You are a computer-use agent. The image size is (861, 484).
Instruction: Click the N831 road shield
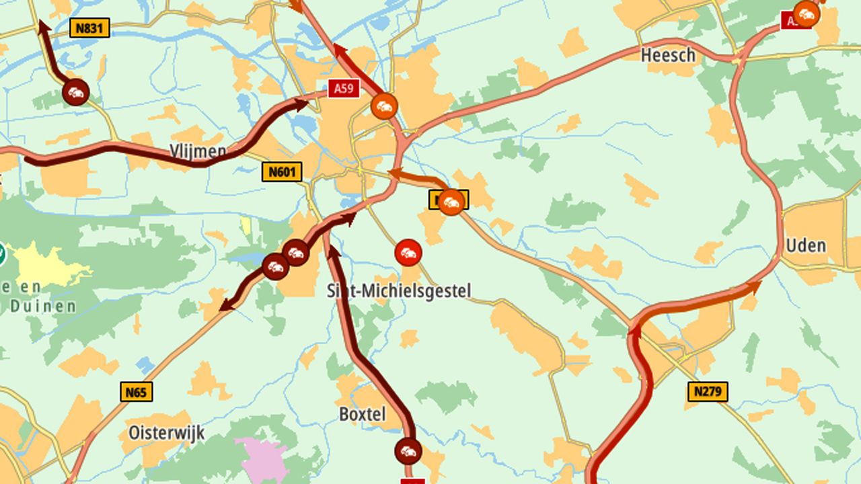click(89, 28)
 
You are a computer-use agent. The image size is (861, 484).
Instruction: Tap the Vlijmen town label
click(198, 151)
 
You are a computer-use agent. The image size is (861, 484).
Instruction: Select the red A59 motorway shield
click(344, 88)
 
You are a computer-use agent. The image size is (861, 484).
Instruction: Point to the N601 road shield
click(282, 171)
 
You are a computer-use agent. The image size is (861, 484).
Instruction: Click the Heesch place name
click(668, 55)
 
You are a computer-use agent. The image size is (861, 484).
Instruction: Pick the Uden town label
click(806, 245)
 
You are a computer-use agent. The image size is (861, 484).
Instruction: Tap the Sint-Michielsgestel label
click(399, 291)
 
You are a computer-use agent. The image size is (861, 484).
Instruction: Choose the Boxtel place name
click(363, 414)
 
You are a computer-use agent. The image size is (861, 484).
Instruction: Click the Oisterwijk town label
click(166, 432)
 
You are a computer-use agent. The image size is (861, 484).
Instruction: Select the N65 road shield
click(137, 392)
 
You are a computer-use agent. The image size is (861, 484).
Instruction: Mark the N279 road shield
click(708, 391)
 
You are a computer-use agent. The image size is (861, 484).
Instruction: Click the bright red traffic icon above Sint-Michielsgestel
click(408, 253)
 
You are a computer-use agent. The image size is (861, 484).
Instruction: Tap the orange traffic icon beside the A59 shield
click(384, 106)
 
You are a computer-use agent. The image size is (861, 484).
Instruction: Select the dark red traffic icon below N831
click(75, 92)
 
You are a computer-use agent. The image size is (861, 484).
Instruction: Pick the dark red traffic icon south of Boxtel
click(408, 451)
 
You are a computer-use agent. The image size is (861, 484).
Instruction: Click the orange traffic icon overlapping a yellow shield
click(451, 202)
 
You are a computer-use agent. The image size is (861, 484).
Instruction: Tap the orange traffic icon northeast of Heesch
click(806, 14)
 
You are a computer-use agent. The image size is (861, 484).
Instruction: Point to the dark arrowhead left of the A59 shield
click(300, 104)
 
